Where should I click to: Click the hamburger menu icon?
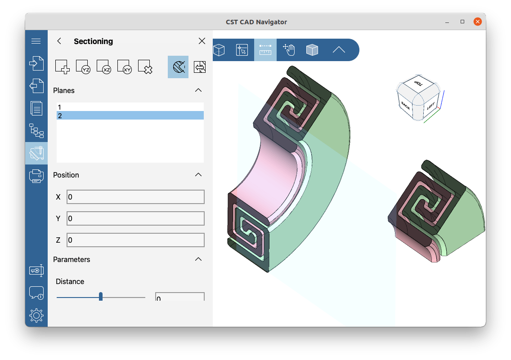[36, 41]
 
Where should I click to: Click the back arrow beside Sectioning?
[59, 41]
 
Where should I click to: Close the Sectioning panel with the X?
[202, 41]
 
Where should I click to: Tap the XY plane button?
[125, 67]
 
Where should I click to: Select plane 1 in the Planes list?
[130, 107]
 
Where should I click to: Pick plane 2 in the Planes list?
[130, 116]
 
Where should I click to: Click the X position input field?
[135, 197]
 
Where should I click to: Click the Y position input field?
[135, 218]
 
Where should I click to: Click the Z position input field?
[135, 240]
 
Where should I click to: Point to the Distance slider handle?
[101, 297]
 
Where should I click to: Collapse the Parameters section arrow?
[198, 259]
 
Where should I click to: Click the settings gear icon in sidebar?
[36, 316]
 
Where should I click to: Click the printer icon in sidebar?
[36, 176]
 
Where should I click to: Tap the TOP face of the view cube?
[419, 84]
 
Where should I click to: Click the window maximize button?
[462, 22]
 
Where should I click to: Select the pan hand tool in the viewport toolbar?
[288, 50]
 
